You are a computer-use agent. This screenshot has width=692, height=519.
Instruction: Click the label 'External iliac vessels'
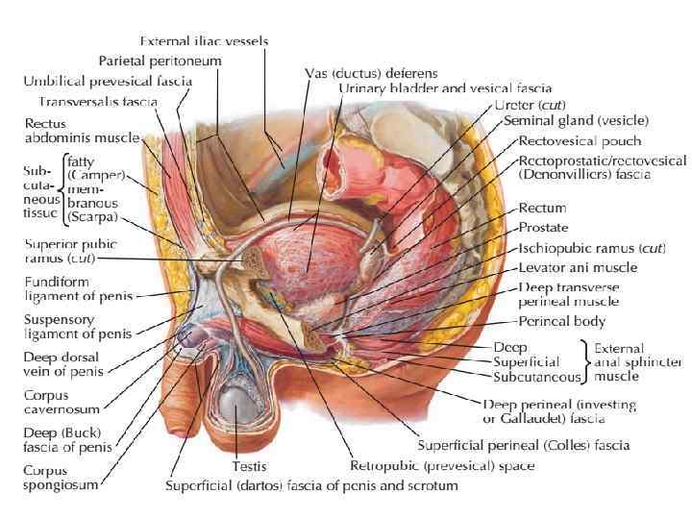pos(204,41)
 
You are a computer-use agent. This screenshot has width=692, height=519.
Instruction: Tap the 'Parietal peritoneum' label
pos(160,61)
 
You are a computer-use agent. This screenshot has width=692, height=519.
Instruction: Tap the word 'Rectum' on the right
pos(542,208)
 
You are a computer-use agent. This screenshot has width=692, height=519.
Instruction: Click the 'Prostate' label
pos(543,228)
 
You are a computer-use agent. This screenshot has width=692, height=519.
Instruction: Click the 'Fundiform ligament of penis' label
pos(78,288)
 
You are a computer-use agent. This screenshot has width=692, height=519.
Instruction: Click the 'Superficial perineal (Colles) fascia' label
pos(524,445)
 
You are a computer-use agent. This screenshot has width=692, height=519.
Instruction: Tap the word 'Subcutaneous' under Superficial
pos(535,378)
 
